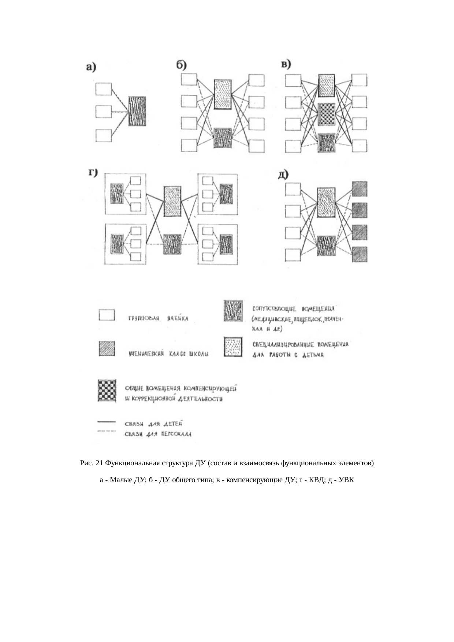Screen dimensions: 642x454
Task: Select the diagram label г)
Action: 93,173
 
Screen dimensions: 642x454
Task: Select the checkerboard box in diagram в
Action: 327,114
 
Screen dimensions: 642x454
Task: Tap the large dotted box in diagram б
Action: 223,94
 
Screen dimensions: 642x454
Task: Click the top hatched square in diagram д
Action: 359,189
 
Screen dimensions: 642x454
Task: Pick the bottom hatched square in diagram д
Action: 359,254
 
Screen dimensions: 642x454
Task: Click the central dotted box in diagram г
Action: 172,201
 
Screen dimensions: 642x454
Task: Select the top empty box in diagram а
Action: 103,89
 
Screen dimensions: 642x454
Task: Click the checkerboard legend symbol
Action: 107,391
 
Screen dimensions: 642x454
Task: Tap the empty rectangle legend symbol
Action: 107,315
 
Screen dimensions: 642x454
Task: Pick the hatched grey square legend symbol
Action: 107,348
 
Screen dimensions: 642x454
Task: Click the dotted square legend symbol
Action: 233,347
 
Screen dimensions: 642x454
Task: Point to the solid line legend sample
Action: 107,422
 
